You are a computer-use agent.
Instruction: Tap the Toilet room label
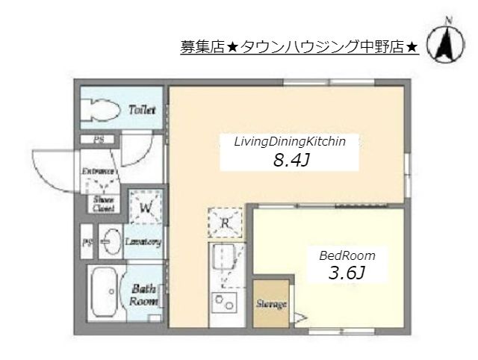coord(142,110)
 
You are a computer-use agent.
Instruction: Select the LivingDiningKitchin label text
coord(289,140)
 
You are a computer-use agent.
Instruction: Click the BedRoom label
coord(347,255)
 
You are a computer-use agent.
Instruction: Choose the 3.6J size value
coord(347,274)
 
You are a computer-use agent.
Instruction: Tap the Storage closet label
coord(273,304)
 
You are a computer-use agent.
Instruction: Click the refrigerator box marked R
coord(225,221)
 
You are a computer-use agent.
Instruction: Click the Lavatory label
coord(143,243)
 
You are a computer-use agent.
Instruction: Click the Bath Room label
coord(143,295)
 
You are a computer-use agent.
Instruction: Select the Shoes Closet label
coord(102,203)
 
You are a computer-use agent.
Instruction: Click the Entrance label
coord(98,171)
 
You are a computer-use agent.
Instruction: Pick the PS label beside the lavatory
coord(87,243)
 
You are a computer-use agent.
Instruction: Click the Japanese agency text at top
coord(299,47)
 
